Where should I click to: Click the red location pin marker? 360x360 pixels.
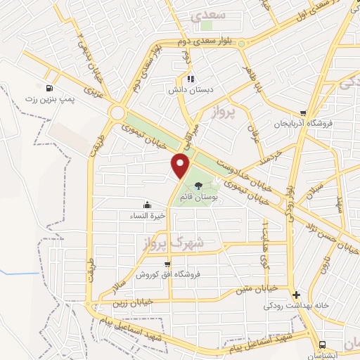[181, 165]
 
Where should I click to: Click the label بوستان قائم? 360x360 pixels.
[198, 196]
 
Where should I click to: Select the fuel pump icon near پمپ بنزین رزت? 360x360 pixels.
[49, 89]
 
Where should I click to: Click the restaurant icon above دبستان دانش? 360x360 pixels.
[190, 79]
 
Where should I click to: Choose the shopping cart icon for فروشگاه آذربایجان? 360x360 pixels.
[302, 112]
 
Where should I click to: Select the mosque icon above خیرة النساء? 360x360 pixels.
[147, 205]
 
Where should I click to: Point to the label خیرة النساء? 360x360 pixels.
[147, 216]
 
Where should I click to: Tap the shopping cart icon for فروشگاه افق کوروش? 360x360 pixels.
[167, 264]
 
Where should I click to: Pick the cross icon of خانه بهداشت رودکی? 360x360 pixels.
[296, 295]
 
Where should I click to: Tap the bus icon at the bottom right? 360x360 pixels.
[321, 345]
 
